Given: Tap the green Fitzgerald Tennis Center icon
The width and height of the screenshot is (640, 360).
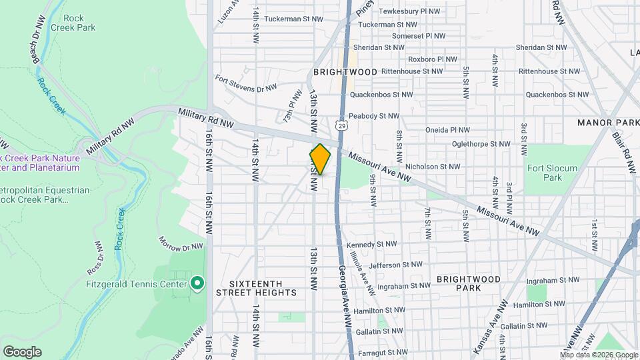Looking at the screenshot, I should coord(197,284).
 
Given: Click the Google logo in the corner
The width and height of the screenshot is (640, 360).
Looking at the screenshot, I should coord(22,352).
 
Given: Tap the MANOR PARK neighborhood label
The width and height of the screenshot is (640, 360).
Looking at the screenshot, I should coord(608,123).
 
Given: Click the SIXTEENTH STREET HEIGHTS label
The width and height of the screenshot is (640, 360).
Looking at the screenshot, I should coord(256,288).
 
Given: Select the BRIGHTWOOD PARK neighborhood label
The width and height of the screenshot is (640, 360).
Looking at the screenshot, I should coord(469,283).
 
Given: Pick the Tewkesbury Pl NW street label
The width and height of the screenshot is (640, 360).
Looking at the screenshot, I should coord(408,11).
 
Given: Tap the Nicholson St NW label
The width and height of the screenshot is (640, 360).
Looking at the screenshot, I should coord(433,167).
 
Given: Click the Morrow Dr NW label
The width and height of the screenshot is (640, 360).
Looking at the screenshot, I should coord(180,243).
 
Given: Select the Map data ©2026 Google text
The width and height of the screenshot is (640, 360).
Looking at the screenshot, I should coord(599,355).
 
